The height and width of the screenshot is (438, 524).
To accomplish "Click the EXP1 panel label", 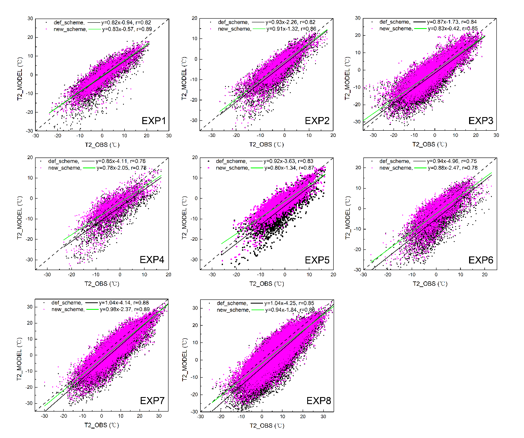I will tap(154, 121).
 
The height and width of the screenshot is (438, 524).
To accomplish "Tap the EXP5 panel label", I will tap(317, 260).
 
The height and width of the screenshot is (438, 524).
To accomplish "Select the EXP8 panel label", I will tap(319, 401).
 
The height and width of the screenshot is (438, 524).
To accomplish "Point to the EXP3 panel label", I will tap(481, 121).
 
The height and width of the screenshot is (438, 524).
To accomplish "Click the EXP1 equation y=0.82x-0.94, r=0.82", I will tap(126, 22).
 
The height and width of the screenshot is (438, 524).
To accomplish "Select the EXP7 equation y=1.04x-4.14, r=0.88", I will tap(124, 303).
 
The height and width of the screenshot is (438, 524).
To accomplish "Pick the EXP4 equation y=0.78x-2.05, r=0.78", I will tap(121, 168).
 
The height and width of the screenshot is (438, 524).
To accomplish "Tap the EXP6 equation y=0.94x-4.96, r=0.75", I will tap(452, 161).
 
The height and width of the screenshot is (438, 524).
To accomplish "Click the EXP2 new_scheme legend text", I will tap(234, 29).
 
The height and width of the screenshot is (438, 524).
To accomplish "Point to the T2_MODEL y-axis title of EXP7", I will tap(19, 359).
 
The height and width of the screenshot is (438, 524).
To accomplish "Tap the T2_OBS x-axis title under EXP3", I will tap(429, 144).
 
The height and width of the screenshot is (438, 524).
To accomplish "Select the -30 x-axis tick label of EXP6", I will tap(363, 275).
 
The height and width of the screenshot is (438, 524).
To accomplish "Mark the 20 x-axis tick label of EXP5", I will tap(333, 275).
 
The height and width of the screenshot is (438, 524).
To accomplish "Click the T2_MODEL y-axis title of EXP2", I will tap(184, 78).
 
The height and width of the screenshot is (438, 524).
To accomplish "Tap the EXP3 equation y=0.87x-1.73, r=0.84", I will tap(452, 22).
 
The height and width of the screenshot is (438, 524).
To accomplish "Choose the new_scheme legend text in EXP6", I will tap(396, 168).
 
